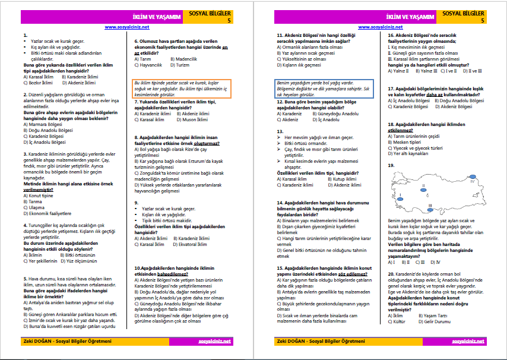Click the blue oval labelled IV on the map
pos(473,176)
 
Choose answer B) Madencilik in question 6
pos(183,59)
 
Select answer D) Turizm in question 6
pos(182,64)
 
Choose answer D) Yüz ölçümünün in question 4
pos(77,261)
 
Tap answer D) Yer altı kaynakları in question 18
pos(409,153)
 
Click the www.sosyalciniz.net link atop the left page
pos(126,27)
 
